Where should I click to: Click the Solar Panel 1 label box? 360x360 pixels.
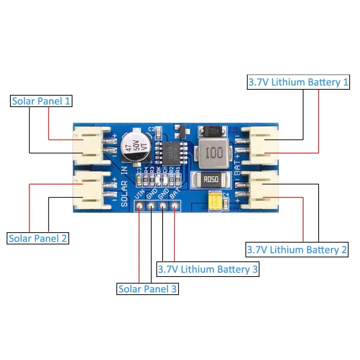[41, 101]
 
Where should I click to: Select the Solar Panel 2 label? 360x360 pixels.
[38, 238]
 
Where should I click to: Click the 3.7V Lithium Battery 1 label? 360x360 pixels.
[298, 82]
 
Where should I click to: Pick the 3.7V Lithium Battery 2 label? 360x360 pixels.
[297, 250]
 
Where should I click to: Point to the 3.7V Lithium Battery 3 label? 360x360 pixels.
[208, 269]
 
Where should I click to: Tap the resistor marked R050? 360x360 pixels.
[209, 180]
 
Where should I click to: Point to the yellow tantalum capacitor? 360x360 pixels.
[215, 201]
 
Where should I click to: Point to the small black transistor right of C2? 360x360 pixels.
[181, 131]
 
